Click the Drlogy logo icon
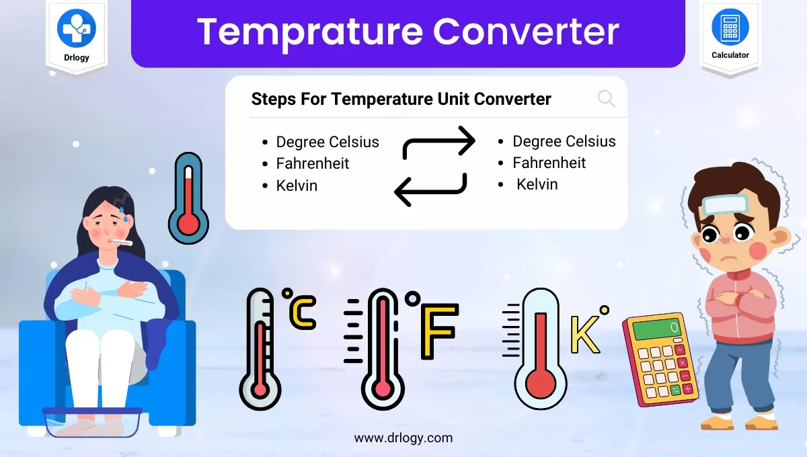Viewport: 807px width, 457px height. pos(76,27)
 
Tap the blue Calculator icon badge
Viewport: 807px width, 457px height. pos(730,26)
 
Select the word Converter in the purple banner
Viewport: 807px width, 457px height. pos(525,32)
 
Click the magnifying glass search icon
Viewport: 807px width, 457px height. pos(606,99)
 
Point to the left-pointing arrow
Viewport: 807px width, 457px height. pos(430,189)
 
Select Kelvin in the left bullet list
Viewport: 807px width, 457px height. pos(297,185)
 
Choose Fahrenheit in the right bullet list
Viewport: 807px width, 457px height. pos(549,163)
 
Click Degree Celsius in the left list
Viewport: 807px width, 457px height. pos(328,142)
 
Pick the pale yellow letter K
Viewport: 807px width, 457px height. pos(584,334)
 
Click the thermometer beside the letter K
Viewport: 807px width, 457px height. pos(539,349)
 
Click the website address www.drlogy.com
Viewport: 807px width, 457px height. pos(403,438)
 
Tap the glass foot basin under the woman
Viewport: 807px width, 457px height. pos(92,421)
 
